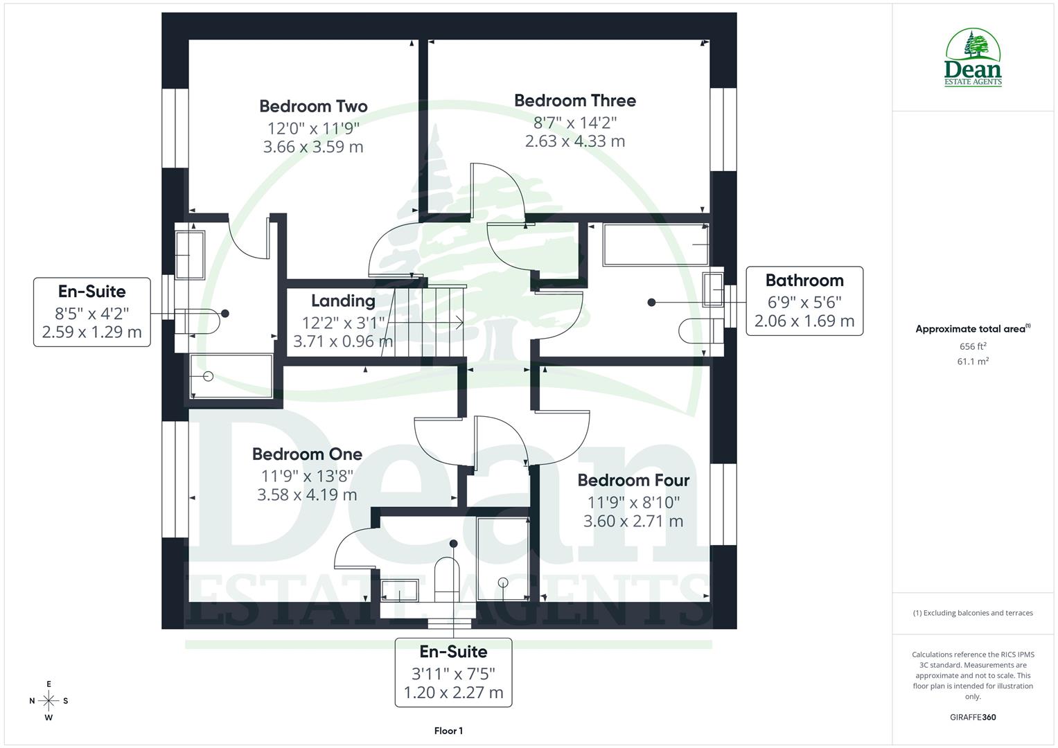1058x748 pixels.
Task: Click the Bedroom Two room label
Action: (313, 106)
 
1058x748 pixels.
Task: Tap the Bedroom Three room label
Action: (574, 100)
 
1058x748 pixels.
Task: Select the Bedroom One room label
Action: (307, 454)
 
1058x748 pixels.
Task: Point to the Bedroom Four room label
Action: (633, 480)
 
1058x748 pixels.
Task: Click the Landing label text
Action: (343, 301)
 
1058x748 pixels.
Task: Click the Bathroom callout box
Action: (804, 301)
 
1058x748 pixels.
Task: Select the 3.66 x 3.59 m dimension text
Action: (313, 147)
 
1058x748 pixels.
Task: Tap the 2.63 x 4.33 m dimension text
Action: (574, 141)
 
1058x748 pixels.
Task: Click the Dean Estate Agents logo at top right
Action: (973, 58)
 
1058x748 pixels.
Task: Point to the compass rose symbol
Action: (49, 700)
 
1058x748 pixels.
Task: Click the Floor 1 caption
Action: (448, 731)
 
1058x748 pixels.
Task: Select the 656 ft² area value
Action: (973, 346)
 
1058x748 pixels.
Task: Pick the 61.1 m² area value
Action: (973, 361)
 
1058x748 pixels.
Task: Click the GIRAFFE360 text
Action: (973, 717)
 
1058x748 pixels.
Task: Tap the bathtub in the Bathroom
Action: (655, 244)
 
